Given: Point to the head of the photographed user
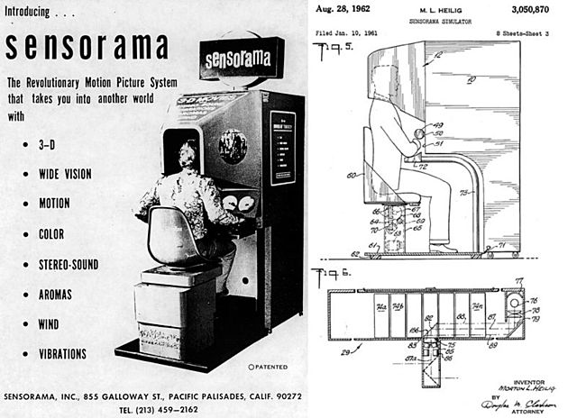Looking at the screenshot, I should click(x=189, y=152).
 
